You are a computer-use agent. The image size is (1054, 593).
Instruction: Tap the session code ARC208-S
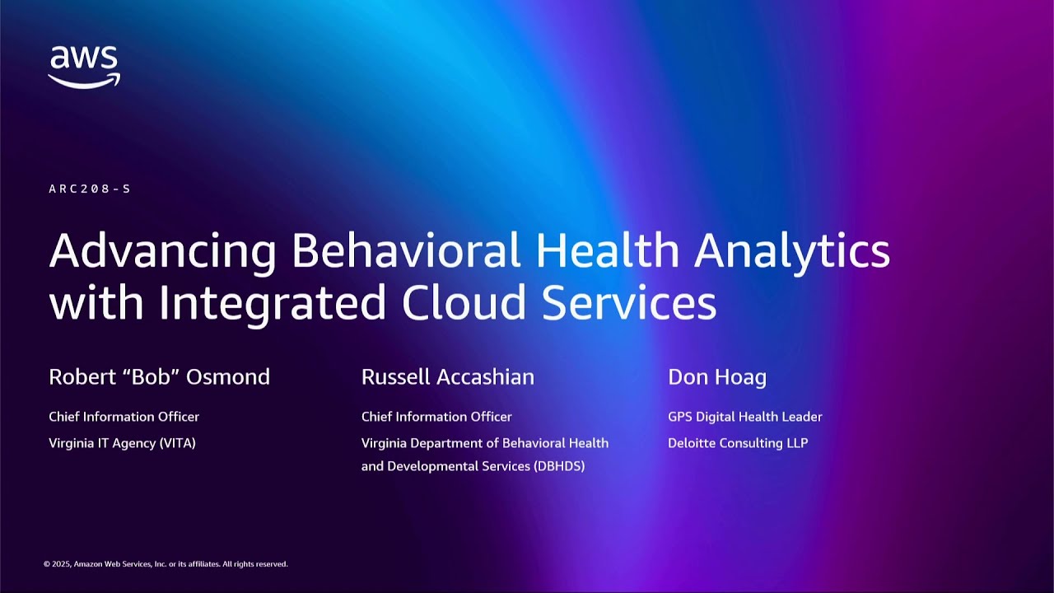coord(90,189)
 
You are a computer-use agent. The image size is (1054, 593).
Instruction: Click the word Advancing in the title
coord(162,252)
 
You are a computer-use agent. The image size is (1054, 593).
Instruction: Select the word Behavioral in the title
coord(406,250)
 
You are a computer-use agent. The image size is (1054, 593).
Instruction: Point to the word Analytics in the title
coord(791,252)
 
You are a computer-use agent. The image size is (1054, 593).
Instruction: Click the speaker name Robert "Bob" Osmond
coord(159,377)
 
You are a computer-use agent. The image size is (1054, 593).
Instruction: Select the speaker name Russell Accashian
coord(448,377)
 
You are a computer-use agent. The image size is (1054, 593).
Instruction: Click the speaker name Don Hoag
coord(717,377)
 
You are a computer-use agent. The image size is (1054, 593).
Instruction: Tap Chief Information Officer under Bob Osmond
coord(124,417)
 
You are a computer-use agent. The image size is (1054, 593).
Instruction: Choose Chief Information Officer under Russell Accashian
coord(436,417)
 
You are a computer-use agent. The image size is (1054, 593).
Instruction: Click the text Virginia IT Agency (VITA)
coord(122,443)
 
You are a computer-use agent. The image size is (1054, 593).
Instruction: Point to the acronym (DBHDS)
coord(559,466)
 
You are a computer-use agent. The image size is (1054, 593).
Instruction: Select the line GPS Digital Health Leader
coord(745,417)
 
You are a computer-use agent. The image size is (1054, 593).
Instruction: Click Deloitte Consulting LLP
coord(738,443)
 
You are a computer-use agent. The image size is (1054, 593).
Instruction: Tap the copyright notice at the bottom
coord(166,564)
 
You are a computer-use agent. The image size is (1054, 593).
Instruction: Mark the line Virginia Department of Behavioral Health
coord(485,443)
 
